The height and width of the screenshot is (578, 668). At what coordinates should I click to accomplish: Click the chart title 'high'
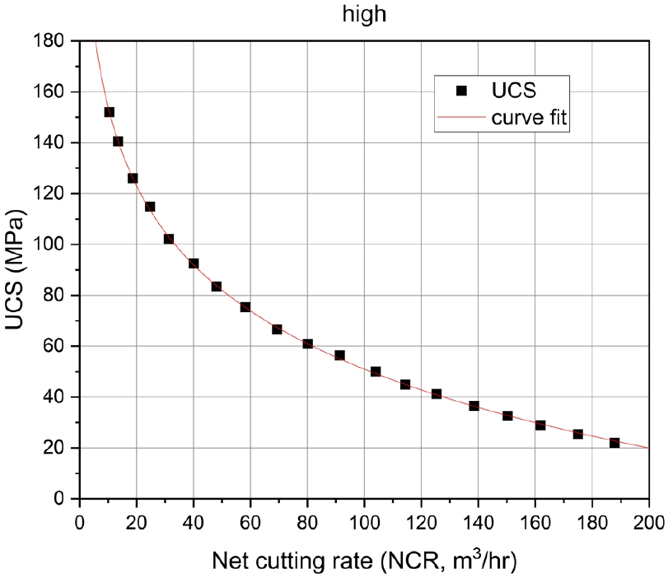click(363, 13)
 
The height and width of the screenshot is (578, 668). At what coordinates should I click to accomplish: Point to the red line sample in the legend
click(461, 118)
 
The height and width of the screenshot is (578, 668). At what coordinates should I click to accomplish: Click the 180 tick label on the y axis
click(52, 40)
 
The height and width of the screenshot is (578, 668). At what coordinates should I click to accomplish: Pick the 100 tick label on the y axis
click(52, 245)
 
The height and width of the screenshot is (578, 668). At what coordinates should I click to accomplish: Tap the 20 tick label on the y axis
click(56, 448)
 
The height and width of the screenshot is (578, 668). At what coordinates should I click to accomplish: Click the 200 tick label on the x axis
click(648, 521)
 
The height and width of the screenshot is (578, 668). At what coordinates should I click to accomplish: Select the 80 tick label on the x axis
click(307, 521)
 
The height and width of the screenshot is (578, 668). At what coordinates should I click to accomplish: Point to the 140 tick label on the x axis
click(478, 521)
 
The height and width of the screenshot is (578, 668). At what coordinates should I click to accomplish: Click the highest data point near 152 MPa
click(109, 112)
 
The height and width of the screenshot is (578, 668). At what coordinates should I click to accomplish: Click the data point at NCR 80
click(307, 343)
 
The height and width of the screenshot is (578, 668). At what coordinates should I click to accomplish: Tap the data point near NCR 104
click(376, 371)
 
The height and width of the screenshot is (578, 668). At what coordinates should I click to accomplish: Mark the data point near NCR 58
click(245, 307)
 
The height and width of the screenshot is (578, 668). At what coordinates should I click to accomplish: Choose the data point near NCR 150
click(507, 416)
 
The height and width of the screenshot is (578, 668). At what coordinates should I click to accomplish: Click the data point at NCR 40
click(194, 263)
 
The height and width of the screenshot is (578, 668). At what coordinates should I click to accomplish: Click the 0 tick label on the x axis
click(80, 521)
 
